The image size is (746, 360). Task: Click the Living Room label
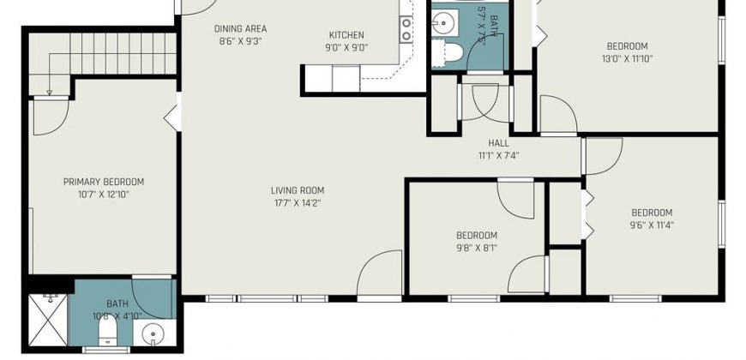(298, 190)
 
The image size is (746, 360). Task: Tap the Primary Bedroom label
(104, 182)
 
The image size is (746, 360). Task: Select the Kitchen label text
(346, 35)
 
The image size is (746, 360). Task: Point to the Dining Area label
(240, 28)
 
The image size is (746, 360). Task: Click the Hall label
(498, 142)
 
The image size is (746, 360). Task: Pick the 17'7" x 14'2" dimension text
(298, 203)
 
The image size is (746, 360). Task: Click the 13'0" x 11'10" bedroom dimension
(627, 59)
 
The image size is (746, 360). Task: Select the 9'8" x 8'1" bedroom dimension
(477, 248)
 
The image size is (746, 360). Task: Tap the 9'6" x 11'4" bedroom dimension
(652, 225)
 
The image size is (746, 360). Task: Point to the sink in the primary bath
(153, 332)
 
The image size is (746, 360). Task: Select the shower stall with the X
(48, 320)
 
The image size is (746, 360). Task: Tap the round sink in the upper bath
(444, 22)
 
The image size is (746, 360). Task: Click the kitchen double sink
(406, 29)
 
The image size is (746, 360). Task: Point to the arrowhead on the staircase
(50, 93)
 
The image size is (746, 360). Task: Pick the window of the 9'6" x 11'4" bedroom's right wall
(722, 224)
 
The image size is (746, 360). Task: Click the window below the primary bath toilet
(106, 350)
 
